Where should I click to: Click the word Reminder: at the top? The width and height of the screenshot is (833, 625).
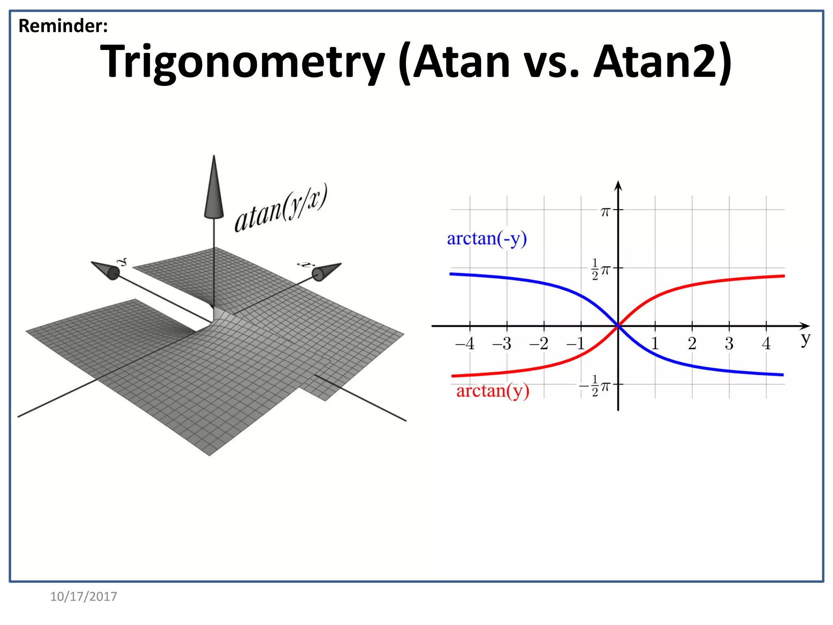(63, 26)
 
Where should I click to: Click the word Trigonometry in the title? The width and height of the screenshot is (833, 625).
(242, 62)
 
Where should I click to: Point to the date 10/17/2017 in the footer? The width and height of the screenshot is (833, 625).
(83, 597)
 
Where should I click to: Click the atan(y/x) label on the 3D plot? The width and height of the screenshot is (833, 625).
(281, 208)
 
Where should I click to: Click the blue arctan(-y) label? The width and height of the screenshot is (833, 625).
(486, 239)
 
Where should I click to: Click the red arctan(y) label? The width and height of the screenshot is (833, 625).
(493, 391)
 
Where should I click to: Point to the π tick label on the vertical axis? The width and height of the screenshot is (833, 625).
(605, 212)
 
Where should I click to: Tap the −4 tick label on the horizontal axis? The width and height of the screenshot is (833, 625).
(465, 344)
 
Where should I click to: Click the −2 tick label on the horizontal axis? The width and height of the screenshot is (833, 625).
(539, 344)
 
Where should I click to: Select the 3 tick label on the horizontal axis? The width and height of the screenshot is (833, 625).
(729, 344)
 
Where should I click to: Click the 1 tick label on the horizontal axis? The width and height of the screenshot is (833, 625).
(655, 344)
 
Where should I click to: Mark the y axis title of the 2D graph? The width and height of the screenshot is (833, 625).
(805, 339)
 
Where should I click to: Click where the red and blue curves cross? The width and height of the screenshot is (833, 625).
(618, 326)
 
